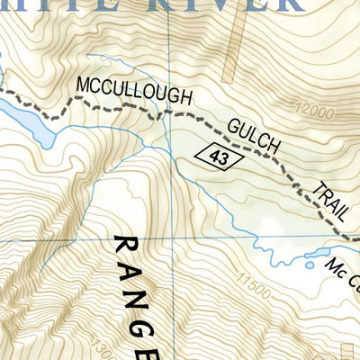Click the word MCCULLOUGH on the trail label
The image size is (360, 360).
(121, 93)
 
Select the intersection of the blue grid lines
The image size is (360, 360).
(170, 241)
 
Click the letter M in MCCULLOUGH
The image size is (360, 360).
(83, 86)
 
